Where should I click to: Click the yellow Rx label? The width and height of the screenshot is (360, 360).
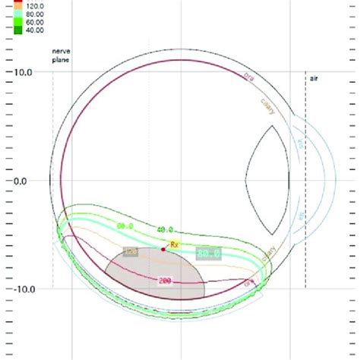tap(174, 245)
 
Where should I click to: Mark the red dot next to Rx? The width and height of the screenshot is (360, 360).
tap(163, 248)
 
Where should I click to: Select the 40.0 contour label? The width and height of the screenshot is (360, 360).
tap(165, 229)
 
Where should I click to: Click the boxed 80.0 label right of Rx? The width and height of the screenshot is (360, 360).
tap(209, 253)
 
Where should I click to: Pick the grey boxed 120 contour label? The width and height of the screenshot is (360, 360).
tap(131, 251)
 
